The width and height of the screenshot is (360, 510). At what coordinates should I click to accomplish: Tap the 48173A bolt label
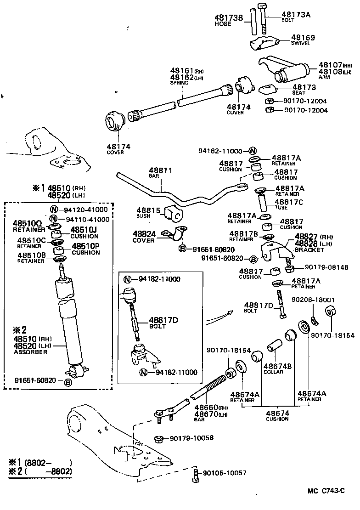(x=296, y=15)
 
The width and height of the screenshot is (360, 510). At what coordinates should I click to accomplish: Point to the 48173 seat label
(x=292, y=87)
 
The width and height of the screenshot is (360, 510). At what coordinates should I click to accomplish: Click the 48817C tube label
(x=289, y=201)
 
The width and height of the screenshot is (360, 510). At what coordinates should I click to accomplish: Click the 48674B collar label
(x=277, y=366)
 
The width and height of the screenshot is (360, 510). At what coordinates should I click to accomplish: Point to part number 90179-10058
(x=188, y=438)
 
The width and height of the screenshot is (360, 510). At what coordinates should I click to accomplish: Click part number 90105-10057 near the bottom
(x=225, y=473)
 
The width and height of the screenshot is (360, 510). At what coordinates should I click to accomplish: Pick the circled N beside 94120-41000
(x=54, y=210)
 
